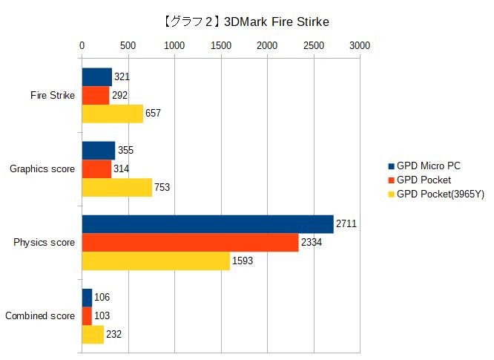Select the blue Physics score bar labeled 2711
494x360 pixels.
(x=207, y=224)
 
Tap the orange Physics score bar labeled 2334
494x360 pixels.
(x=190, y=243)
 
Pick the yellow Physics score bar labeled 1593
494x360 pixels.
(x=155, y=261)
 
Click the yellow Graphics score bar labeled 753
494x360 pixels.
(x=116, y=187)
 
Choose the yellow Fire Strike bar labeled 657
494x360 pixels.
(x=112, y=114)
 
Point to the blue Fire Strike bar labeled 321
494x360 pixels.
(x=96, y=76)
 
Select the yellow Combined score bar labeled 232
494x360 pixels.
(x=93, y=335)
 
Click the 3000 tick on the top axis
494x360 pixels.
(x=360, y=45)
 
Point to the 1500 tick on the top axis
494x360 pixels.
(x=220, y=45)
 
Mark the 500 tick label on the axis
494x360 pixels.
(x=128, y=45)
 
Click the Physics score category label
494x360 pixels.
(x=44, y=243)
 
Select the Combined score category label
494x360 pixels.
(x=39, y=316)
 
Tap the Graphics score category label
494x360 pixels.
(x=42, y=169)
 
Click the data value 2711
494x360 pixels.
(x=346, y=223)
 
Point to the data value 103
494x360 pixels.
(x=102, y=316)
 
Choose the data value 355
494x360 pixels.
(x=125, y=151)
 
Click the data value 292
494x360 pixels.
(x=120, y=95)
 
